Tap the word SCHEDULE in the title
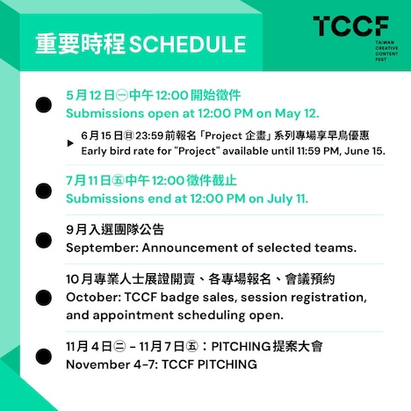coord(187,43)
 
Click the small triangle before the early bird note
coord(70,142)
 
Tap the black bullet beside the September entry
coord(42,240)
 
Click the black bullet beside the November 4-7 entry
coord(42,357)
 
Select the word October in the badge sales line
coord(93,297)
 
